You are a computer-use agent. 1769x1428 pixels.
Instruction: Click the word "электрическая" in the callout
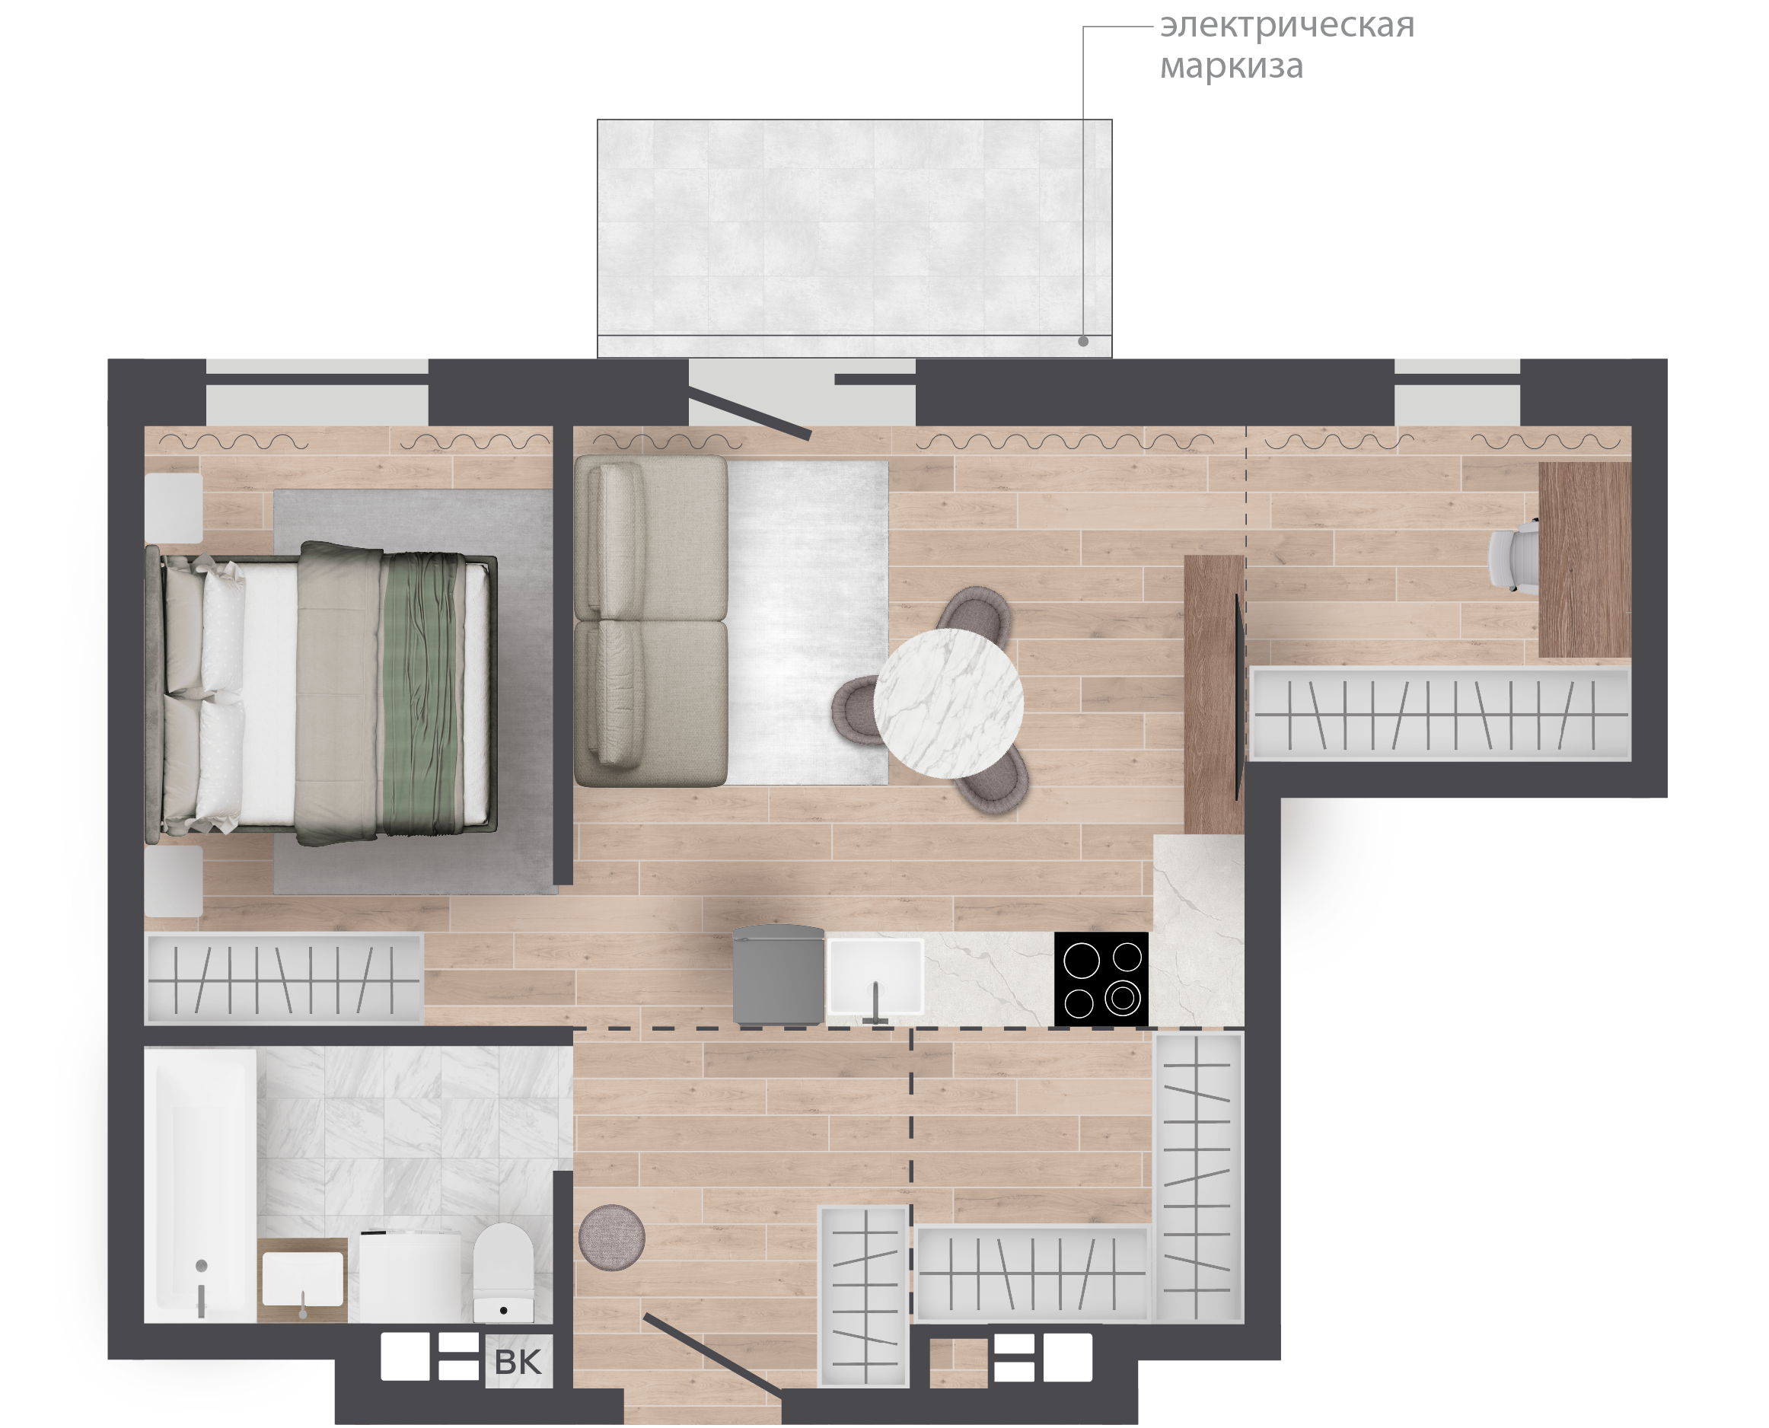(x=1286, y=27)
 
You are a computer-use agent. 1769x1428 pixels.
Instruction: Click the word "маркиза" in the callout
(x=1231, y=65)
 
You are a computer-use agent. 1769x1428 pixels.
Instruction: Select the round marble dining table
(x=948, y=703)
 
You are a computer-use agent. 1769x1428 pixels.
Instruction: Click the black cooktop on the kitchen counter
(x=1101, y=979)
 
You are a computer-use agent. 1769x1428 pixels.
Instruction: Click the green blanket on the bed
(x=420, y=694)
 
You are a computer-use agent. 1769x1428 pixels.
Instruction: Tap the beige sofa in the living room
(x=651, y=621)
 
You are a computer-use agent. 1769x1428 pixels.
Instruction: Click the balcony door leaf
(x=749, y=416)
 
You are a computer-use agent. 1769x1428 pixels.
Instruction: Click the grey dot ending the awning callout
(x=1083, y=341)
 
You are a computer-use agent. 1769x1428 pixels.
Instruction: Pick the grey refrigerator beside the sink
(x=778, y=976)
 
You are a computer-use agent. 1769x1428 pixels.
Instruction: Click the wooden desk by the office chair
(x=1584, y=559)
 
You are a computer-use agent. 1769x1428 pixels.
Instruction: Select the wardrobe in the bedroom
(x=284, y=979)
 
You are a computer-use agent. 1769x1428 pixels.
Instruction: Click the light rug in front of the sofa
(x=808, y=622)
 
